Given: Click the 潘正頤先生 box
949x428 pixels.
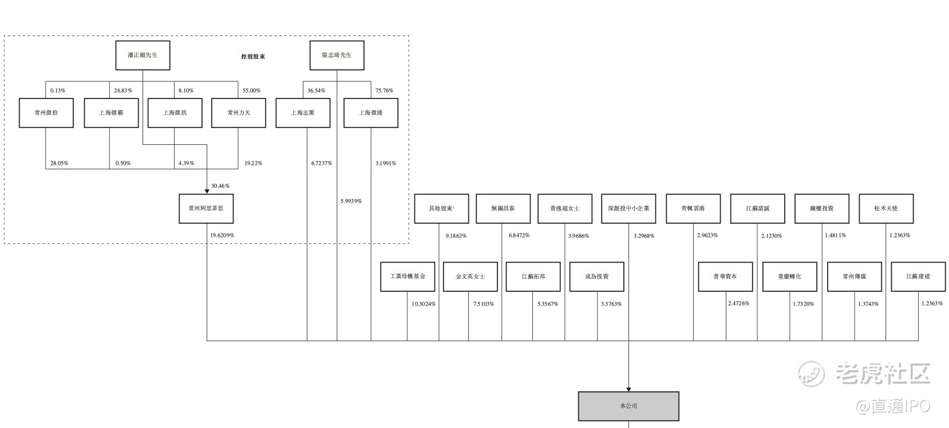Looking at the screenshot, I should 143,56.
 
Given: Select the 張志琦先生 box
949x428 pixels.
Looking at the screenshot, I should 337,56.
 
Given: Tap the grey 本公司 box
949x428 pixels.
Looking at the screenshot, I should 628,406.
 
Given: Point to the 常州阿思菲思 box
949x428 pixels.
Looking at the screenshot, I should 206,208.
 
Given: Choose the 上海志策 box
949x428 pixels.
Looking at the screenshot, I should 303,113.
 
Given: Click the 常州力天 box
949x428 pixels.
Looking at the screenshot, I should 238,113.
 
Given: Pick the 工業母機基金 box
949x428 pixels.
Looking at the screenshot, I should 408,276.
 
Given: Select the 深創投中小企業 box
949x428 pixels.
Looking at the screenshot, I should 628,208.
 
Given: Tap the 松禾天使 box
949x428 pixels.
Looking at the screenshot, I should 886,208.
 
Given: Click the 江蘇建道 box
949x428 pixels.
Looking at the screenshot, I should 918,276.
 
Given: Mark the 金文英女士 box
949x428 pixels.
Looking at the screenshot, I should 470,276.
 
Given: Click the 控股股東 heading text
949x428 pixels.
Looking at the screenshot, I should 253,57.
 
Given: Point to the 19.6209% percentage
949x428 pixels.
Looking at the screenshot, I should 222,235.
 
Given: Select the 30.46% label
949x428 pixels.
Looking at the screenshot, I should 220,186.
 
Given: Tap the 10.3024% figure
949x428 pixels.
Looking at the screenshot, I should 424,304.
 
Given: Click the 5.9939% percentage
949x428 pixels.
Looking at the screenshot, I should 351,201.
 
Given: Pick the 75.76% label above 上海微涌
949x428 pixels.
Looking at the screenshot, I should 384,90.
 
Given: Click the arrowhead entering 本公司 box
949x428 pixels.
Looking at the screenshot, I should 628,389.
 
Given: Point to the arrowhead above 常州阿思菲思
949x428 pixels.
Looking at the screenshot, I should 206,191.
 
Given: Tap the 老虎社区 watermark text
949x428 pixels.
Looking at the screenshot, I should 882,374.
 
